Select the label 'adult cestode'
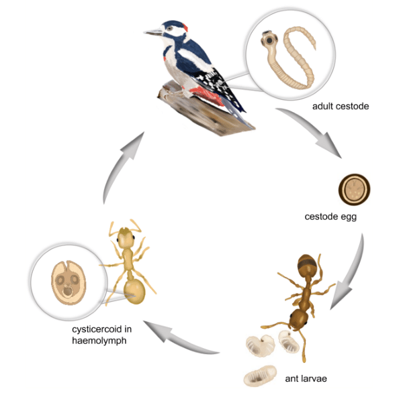[x=341, y=106]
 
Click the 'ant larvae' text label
[x=306, y=379]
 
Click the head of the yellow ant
[x=126, y=237]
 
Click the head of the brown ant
[x=300, y=316]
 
